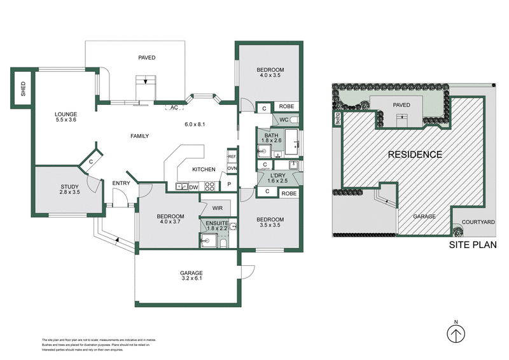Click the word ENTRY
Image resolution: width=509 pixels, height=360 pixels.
pyautogui.click(x=121, y=184)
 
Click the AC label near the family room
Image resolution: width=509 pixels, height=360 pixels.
pyautogui.click(x=174, y=107)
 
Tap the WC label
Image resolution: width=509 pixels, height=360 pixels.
pyautogui.click(x=284, y=120)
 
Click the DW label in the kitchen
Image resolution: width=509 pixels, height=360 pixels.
pyautogui.click(x=193, y=186)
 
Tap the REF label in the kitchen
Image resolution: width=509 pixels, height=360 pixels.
pyautogui.click(x=232, y=156)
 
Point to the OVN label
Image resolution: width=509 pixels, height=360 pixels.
pyautogui.click(x=232, y=168)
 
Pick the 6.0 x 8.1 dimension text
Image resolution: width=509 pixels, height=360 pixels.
pyautogui.click(x=195, y=124)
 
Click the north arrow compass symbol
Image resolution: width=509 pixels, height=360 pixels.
pyautogui.click(x=456, y=333)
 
